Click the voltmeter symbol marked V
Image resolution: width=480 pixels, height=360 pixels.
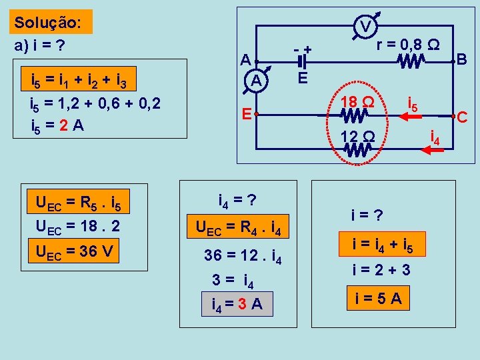366,26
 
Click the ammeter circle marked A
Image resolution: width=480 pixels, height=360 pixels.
255,81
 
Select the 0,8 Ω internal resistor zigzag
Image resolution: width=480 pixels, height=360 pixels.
412,61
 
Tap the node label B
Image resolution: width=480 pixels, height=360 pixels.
461,59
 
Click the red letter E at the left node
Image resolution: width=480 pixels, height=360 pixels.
246,114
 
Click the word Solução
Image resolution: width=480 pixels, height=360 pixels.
48,22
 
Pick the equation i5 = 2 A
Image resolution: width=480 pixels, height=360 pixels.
57,125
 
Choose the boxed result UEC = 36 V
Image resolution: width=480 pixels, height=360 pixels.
73,252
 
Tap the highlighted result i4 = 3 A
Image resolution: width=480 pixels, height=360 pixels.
237,305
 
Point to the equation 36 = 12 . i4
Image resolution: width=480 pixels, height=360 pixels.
243,255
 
